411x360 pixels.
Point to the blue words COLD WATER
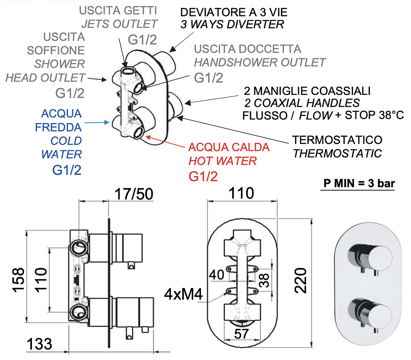(61, 147)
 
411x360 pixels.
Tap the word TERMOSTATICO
(337, 140)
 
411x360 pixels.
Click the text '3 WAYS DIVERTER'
(232, 24)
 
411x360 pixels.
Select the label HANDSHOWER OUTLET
(260, 62)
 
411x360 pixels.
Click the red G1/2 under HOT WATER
(203, 176)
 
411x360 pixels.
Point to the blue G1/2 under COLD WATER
(67, 170)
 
